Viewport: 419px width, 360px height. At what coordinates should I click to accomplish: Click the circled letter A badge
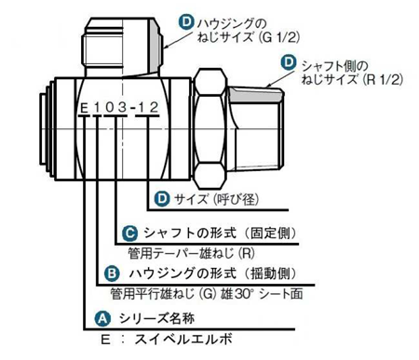coord(102,318)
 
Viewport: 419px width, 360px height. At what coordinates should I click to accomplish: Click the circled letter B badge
coord(112,273)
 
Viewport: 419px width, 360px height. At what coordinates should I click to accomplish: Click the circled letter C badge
coord(129,233)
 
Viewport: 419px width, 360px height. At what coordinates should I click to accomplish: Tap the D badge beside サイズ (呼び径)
coord(162,198)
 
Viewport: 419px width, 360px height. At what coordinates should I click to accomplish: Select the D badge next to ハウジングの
coord(186,22)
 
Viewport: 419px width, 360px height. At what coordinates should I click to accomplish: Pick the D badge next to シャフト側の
coord(289,62)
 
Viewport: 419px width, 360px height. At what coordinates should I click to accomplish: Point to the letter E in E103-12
coord(84,108)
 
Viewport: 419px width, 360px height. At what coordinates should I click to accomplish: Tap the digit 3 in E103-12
coord(122,108)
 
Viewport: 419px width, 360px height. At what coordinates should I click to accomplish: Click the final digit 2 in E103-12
coord(154,107)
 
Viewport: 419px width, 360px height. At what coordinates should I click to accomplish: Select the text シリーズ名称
coord(157,318)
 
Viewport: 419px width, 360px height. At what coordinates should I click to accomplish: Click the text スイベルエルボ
coord(183,340)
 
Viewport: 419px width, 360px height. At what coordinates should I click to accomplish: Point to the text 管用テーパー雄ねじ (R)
coord(191,254)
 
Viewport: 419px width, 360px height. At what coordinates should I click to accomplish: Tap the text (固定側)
coord(270,233)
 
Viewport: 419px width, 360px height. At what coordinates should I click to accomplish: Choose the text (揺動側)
coord(270,273)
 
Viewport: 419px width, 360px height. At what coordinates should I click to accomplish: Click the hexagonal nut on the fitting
coord(209,128)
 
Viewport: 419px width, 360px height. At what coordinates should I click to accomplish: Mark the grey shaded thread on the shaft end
coord(256,95)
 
